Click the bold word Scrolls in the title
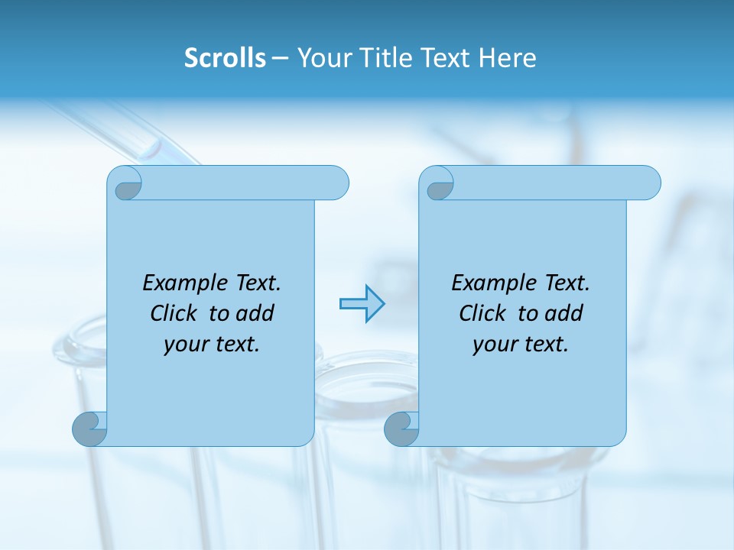pyautogui.click(x=225, y=57)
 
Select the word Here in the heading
pyautogui.click(x=508, y=57)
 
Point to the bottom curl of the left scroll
pyautogui.click(x=90, y=429)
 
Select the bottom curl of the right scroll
pyautogui.click(x=402, y=429)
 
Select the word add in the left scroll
pyautogui.click(x=255, y=313)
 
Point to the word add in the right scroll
pyautogui.click(x=564, y=313)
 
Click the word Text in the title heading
pyautogui.click(x=444, y=57)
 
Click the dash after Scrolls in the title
pyautogui.click(x=281, y=59)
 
